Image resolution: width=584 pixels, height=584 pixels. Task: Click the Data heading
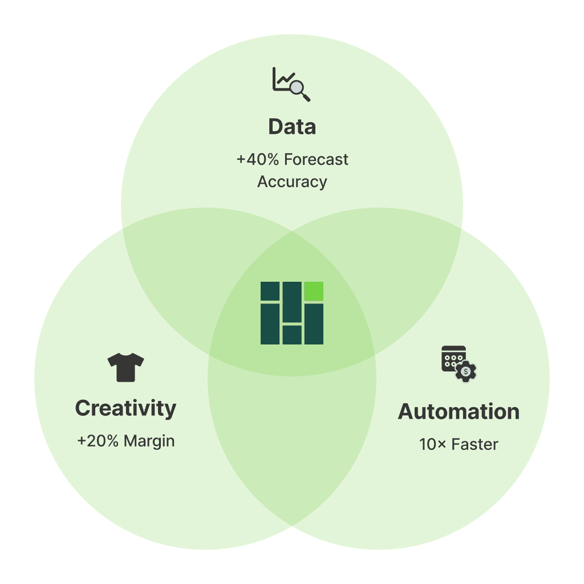coord(291,127)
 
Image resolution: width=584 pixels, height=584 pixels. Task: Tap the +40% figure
coord(258,160)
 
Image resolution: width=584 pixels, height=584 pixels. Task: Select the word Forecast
coord(316,160)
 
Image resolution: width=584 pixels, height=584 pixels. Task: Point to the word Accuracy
coord(292,182)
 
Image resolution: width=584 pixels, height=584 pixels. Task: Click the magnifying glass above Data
coord(298,89)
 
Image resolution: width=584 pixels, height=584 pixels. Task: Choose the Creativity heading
coord(125,408)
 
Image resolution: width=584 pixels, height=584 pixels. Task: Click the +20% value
coord(98,441)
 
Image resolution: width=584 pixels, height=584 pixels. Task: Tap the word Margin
coord(149,441)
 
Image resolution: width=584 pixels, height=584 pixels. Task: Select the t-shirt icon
coord(125,367)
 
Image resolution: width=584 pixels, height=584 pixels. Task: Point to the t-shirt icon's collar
coord(125,356)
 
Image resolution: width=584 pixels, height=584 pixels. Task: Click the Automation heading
coord(459,412)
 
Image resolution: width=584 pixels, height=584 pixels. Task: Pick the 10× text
coord(432,444)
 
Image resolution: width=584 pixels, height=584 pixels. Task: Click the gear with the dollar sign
coord(466,371)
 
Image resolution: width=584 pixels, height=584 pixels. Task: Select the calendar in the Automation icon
coord(452,358)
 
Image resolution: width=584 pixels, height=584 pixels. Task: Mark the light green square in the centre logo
coord(314,291)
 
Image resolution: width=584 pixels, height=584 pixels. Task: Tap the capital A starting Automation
coord(405,412)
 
